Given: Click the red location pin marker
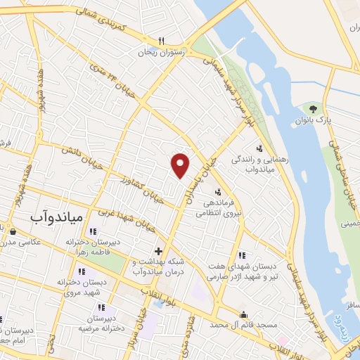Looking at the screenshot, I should [181, 165].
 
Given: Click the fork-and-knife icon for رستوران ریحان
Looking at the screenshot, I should [161, 40].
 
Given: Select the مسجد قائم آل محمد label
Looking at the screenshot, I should [244, 325].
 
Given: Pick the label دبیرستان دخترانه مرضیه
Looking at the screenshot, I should [100, 323].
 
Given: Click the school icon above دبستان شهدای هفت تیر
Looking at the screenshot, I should [243, 255].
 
